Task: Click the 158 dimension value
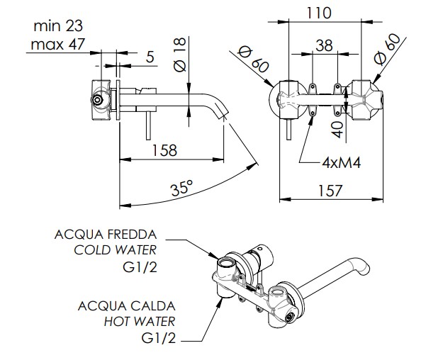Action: [164, 150]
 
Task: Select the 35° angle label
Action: [182, 188]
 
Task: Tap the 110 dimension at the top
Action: [319, 13]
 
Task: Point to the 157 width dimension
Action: [330, 191]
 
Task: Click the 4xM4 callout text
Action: [342, 163]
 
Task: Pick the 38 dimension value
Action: [324, 45]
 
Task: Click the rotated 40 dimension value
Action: [337, 130]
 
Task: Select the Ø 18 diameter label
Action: [181, 55]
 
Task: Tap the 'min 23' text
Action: [58, 26]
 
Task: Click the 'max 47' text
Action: [57, 45]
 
